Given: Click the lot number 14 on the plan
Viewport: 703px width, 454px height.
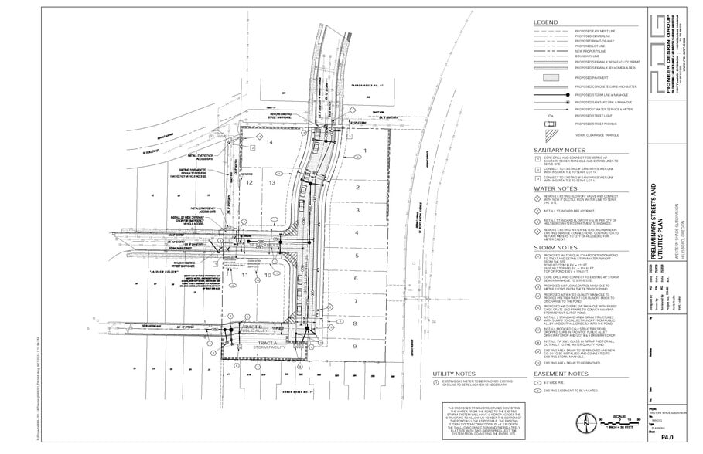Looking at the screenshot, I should [x=270, y=143].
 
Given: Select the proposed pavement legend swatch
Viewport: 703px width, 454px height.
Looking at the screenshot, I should [x=551, y=78].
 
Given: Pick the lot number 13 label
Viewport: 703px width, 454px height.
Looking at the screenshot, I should [x=272, y=182].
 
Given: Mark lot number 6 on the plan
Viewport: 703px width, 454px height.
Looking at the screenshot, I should [x=357, y=278].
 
